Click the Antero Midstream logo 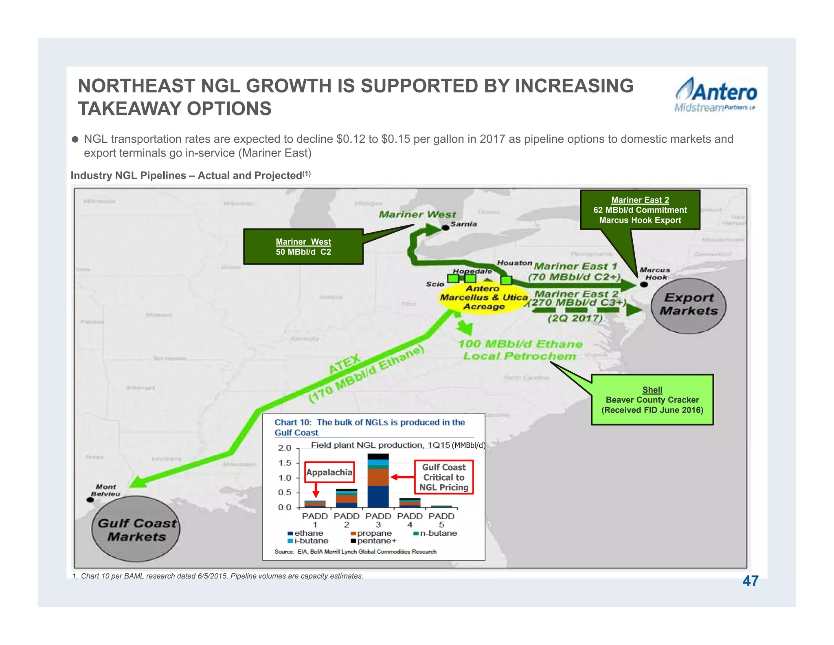pos(715,95)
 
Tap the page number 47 pos(750,581)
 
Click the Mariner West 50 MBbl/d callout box pos(303,247)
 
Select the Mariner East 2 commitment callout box pos(640,210)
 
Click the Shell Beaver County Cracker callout pos(652,400)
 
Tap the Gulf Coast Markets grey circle pos(136,530)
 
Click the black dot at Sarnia pos(446,228)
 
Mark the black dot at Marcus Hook pos(644,284)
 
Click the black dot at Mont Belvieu pos(90,500)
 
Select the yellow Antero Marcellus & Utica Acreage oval pos(483,298)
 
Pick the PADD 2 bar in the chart pos(347,498)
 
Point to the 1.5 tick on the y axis pos(285,463)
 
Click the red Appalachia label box pos(329,472)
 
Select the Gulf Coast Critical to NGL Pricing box pos(443,477)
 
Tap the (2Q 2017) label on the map pos(575,318)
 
